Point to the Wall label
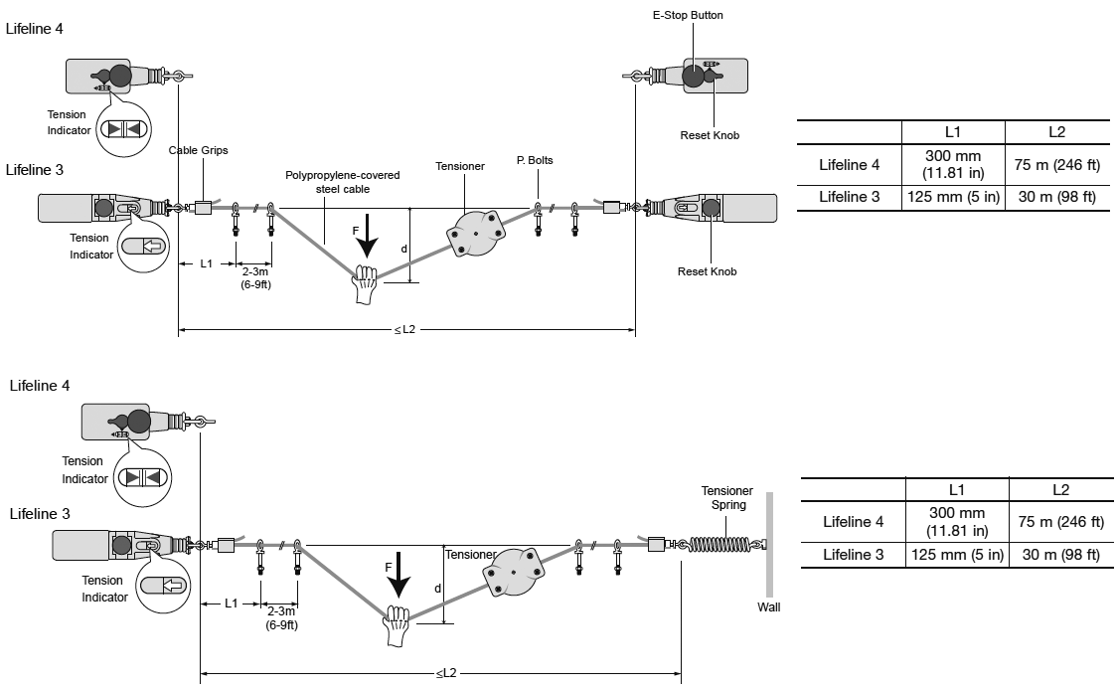[768, 606]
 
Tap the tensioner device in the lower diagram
[515, 574]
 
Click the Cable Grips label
[199, 150]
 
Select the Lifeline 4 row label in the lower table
[852, 521]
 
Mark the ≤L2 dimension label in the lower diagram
[446, 673]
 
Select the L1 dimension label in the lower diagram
[230, 603]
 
